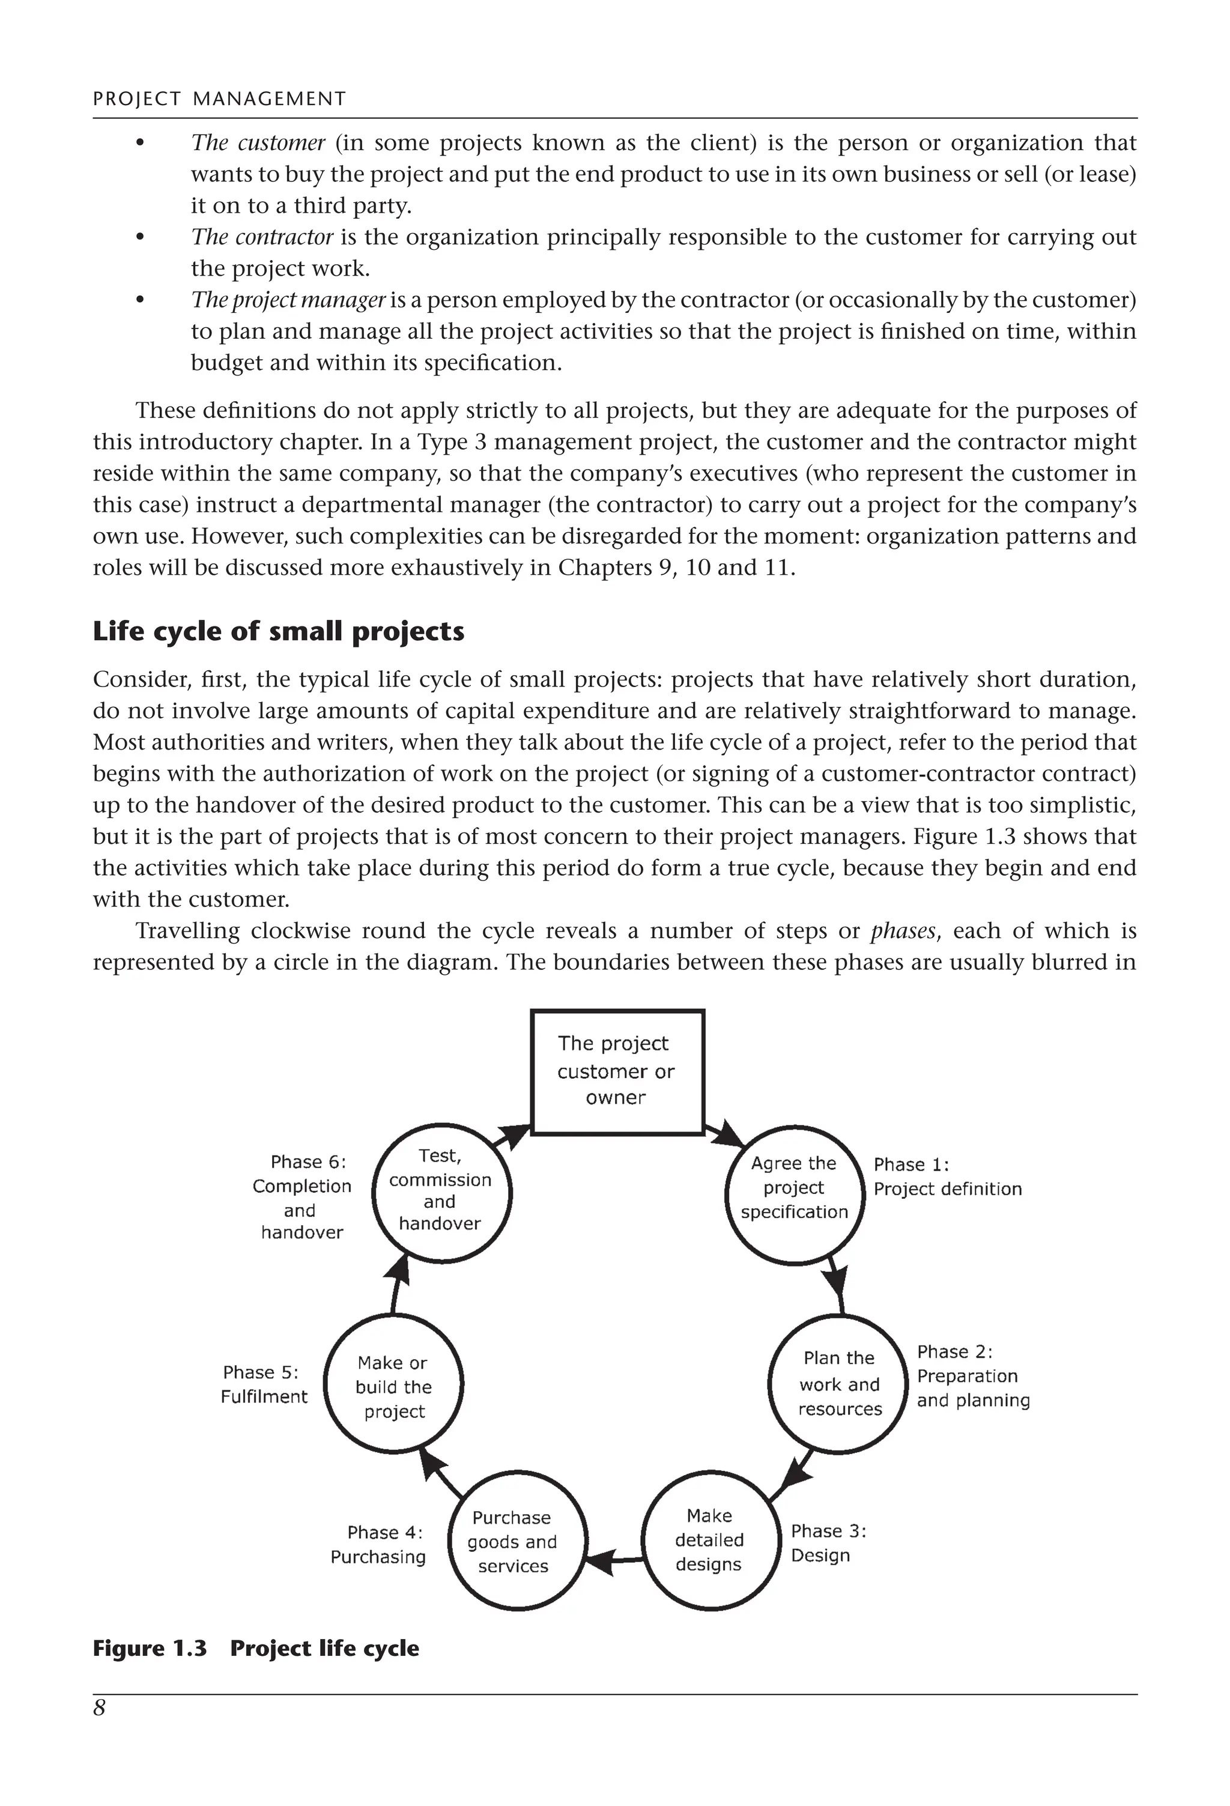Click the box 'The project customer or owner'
(616, 1071)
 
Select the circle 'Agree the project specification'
(793, 1187)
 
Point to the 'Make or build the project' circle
(393, 1387)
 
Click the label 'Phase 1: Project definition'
(947, 1177)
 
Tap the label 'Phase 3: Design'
(827, 1544)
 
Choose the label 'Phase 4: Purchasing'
(378, 1545)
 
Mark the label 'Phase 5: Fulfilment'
(264, 1385)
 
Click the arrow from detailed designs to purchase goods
(613, 1557)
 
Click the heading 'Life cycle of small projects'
(278, 631)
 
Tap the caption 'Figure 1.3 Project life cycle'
(256, 1648)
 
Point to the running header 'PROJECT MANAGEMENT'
(219, 98)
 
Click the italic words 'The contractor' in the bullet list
(262, 237)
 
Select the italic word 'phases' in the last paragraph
(902, 931)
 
